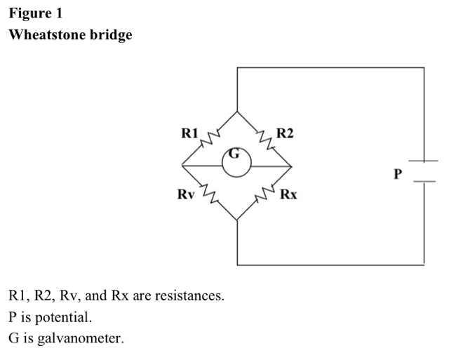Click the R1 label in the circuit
pos(189,133)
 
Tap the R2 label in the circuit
pos(285,133)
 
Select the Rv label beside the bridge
pos(186,194)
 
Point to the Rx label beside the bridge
pos(288,194)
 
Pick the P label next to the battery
pos(398,174)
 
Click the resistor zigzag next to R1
pos(210,139)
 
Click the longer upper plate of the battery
pos(424,161)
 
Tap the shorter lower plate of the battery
pos(424,181)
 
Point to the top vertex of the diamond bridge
pos(237,112)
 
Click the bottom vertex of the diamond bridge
pos(237,220)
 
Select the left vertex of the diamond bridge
pos(182,166)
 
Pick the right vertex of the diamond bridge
pos(292,166)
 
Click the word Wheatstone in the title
pos(47,34)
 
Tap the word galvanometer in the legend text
pos(80,338)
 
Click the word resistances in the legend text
pos(189,295)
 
